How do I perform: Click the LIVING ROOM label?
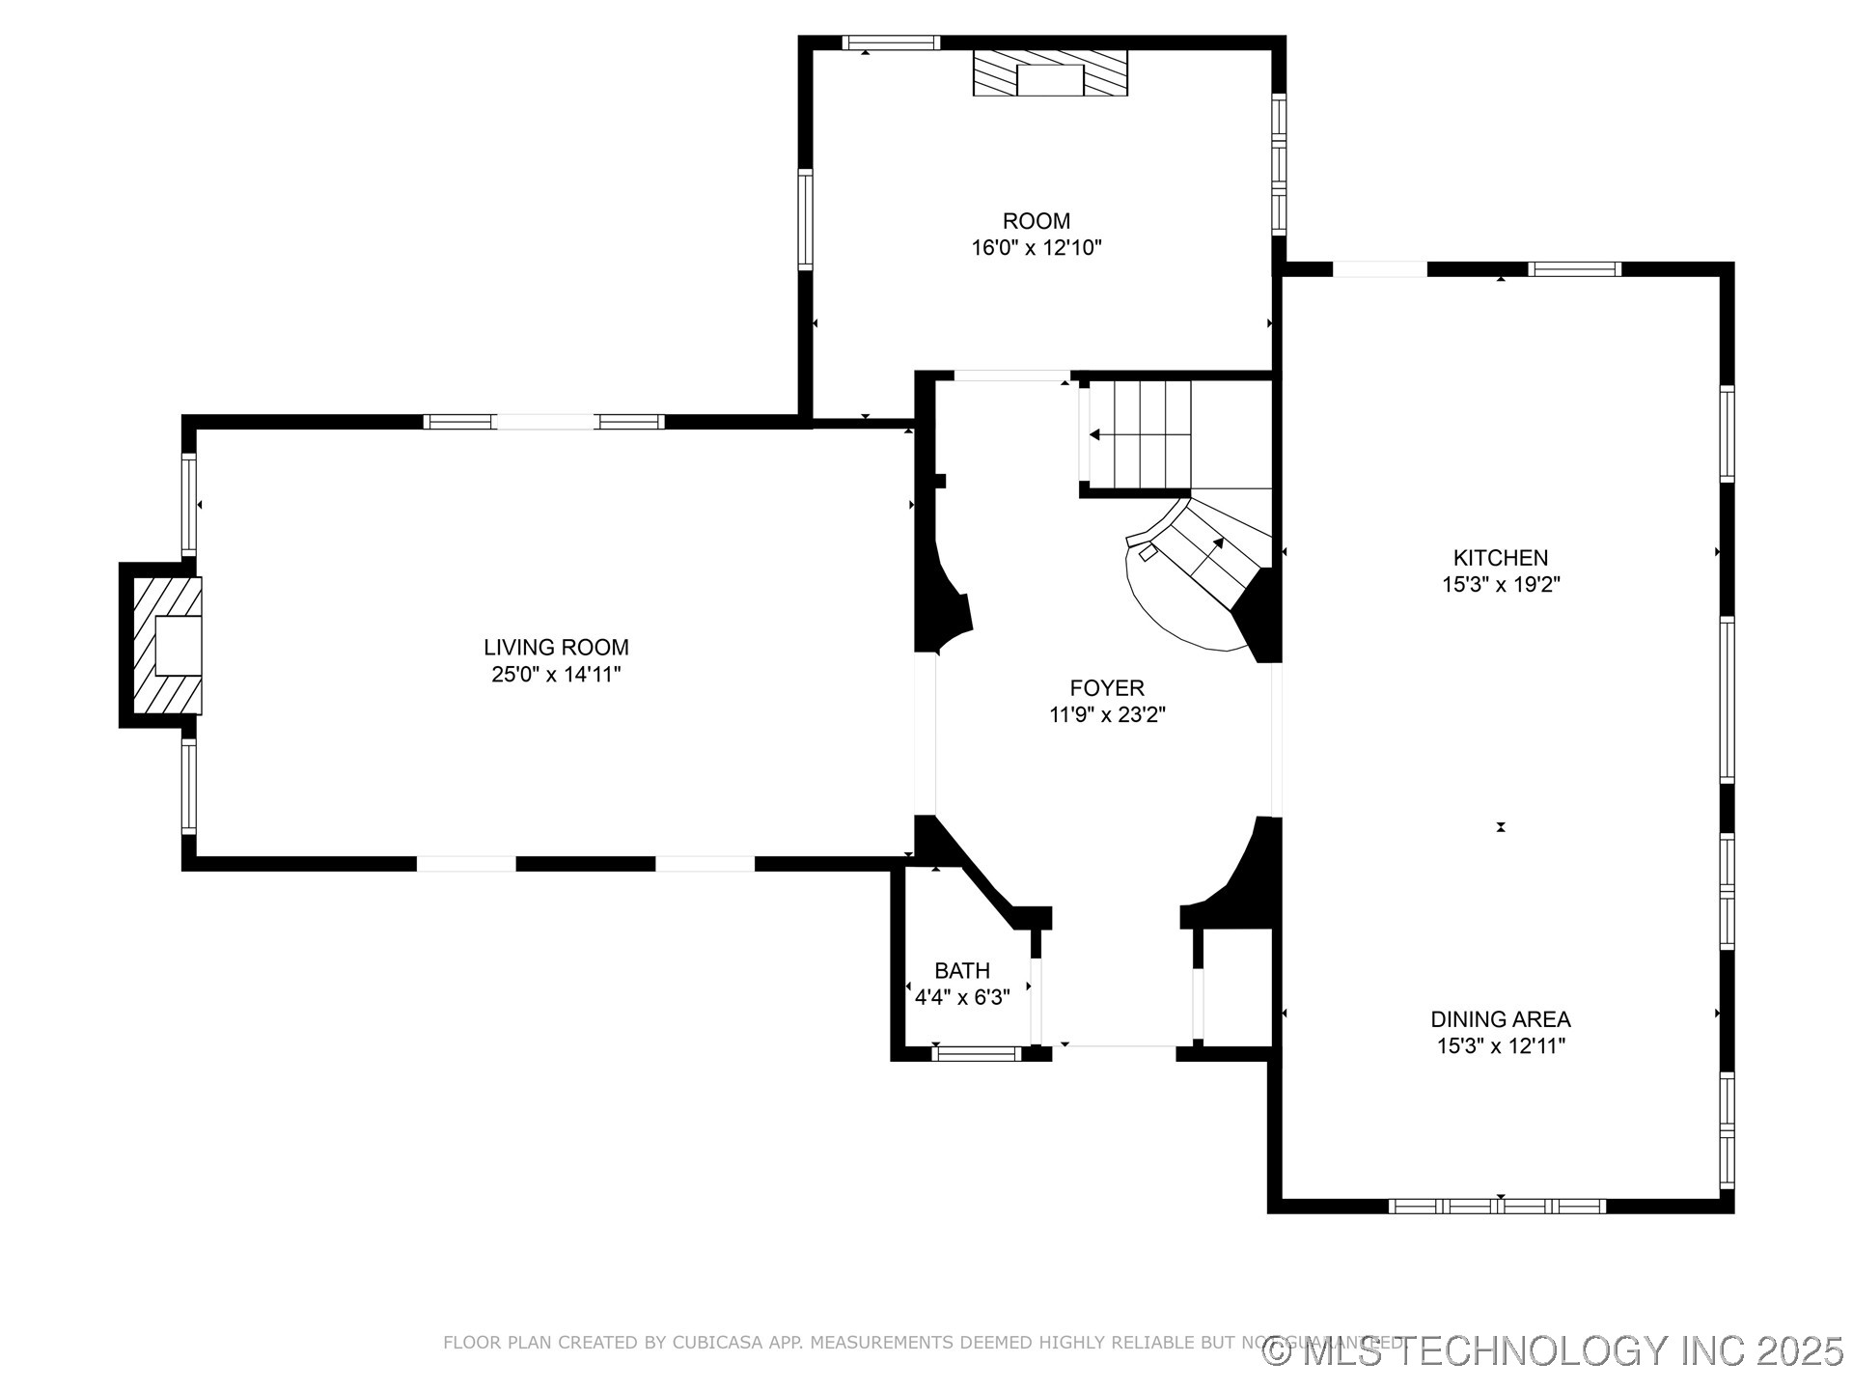point(556,648)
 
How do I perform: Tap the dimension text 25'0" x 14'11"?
point(556,675)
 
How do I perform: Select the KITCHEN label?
point(1500,558)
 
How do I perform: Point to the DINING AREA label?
point(1500,1019)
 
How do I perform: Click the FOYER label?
point(1107,688)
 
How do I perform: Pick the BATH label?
point(961,971)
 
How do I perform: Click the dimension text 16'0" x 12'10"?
point(1036,248)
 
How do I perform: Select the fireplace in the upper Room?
point(1050,74)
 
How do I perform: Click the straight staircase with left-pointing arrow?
point(1139,435)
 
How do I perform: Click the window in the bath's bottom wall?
point(976,1053)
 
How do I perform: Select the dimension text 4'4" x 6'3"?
point(961,998)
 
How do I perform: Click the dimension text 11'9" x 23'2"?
point(1107,715)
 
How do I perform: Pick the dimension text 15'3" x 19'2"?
point(1500,585)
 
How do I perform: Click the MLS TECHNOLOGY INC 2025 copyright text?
point(1554,1351)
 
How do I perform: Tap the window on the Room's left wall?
point(805,218)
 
